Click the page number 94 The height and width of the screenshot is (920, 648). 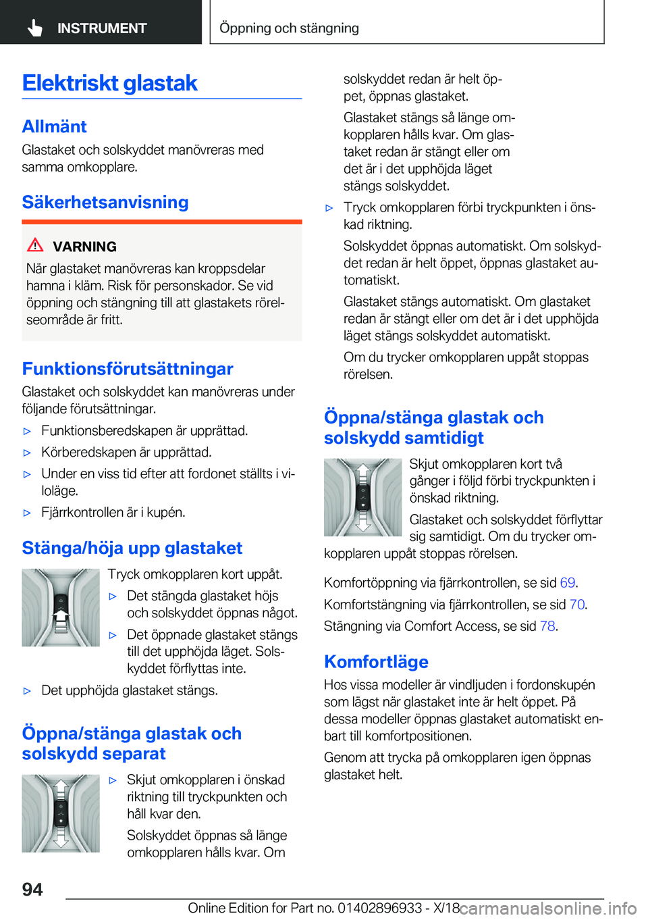pos(32,889)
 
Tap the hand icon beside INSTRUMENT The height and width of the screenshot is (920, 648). pos(35,28)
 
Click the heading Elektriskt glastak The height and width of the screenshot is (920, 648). pos(109,83)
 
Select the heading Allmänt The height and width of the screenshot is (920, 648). pos(54,126)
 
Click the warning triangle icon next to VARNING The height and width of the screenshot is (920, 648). pos(35,245)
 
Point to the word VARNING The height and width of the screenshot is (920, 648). pos(84,247)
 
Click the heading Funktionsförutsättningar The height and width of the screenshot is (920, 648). pos(128,369)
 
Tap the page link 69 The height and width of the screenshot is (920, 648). pos(567,583)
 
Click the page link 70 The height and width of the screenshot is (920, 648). pos(576,605)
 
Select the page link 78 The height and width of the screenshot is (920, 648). pos(547,626)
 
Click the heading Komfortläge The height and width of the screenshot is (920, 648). pos(376,662)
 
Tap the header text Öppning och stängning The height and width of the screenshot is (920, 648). pos(289,28)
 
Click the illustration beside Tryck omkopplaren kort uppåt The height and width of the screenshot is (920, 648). pos(61,607)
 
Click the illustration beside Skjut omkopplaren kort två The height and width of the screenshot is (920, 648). pos(362,497)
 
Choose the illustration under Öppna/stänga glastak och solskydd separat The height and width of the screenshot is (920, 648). pos(61,813)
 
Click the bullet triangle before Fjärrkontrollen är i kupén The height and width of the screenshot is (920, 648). pos(28,513)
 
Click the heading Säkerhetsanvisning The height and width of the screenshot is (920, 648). pos(105,202)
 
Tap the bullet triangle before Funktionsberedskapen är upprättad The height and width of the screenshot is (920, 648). pos(28,431)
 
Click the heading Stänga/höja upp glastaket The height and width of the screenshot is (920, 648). pos(132,548)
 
